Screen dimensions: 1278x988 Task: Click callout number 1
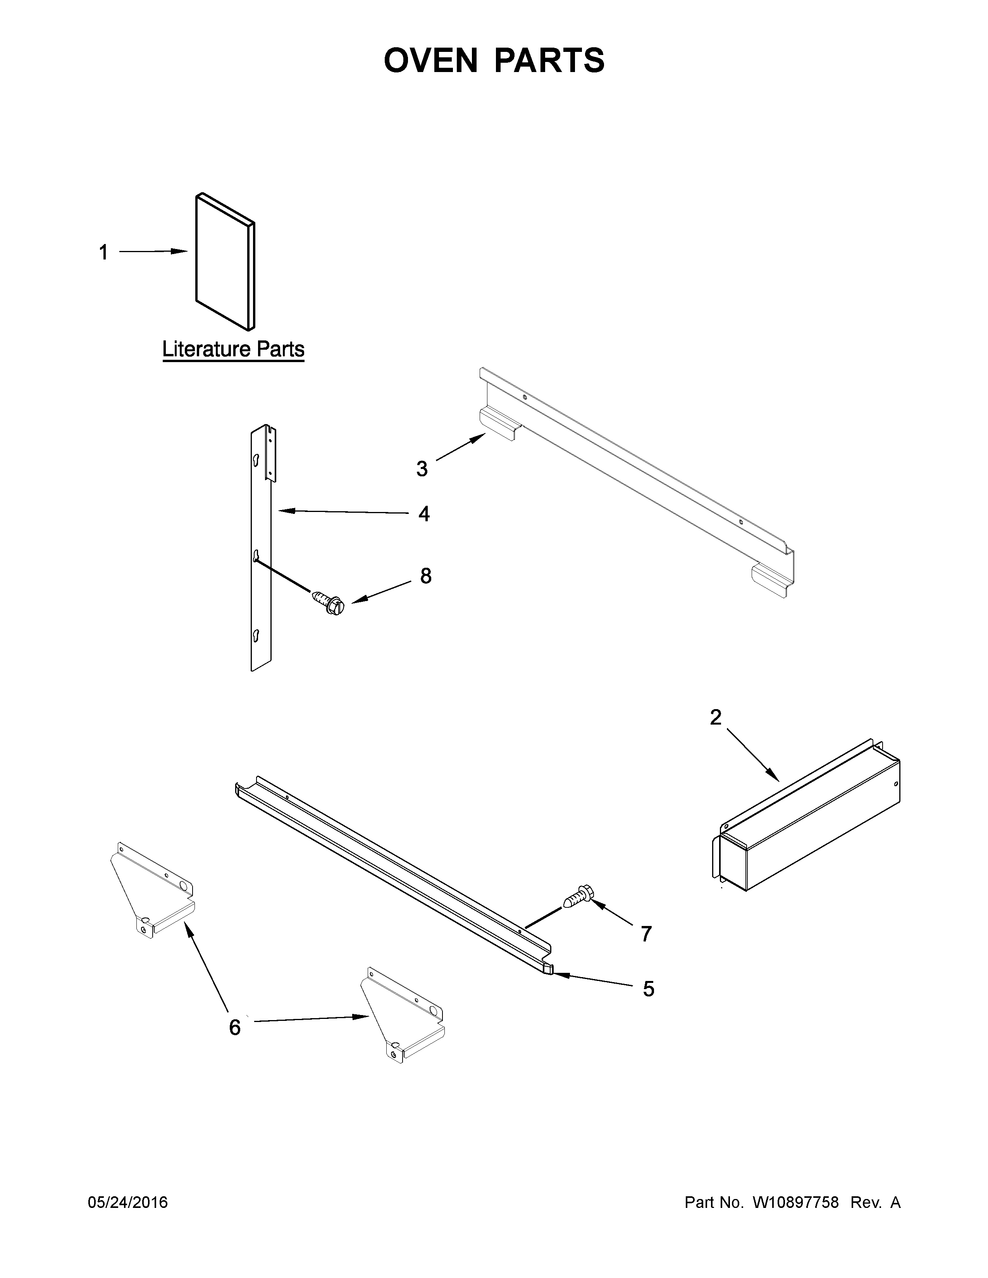coord(103,253)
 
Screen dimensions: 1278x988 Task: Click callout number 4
coord(424,514)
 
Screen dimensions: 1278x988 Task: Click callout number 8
coord(425,576)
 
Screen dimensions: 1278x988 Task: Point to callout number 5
coord(649,989)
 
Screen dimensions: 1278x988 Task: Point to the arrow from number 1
coord(153,252)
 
